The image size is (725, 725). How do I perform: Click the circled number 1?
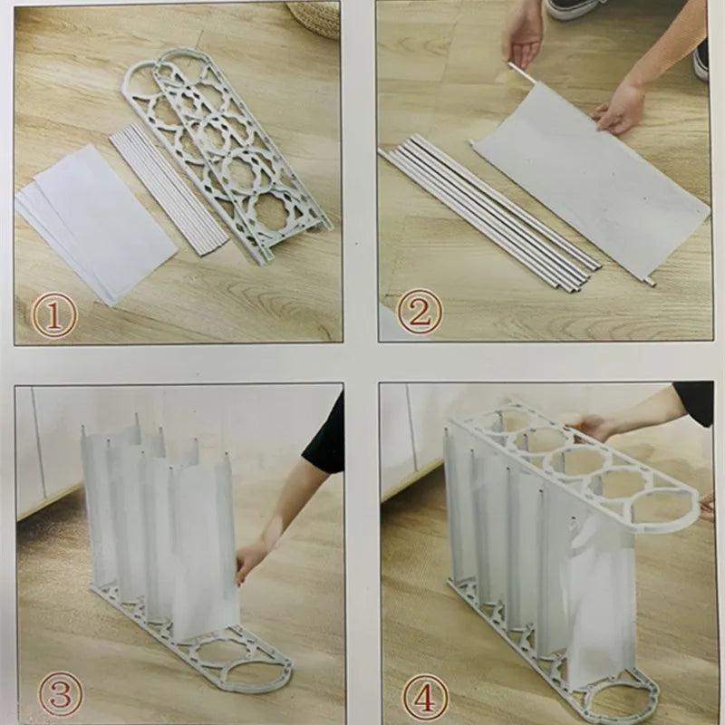(x=53, y=316)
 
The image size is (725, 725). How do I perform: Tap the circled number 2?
(x=420, y=312)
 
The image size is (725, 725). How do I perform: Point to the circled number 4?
(x=425, y=697)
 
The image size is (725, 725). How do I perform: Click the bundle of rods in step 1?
(x=169, y=189)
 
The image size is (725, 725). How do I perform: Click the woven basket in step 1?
(x=314, y=18)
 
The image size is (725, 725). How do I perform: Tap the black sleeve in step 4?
(x=693, y=402)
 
